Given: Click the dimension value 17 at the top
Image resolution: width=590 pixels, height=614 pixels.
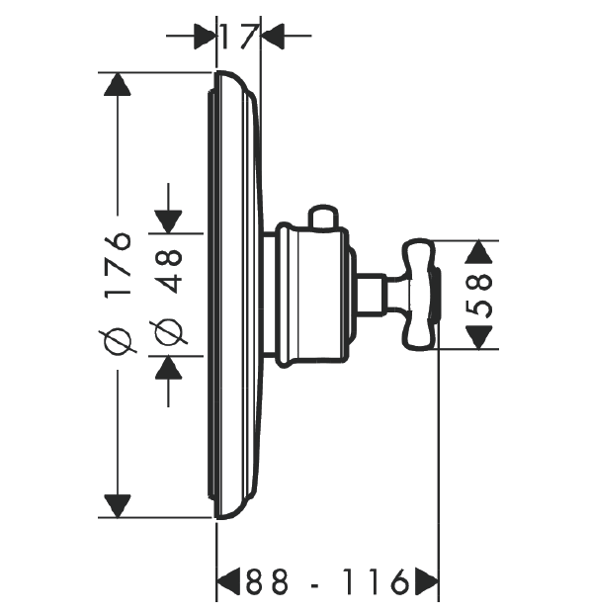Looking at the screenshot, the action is pyautogui.click(x=239, y=37).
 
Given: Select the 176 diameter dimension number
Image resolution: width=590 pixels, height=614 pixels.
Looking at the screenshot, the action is pyautogui.click(x=117, y=265).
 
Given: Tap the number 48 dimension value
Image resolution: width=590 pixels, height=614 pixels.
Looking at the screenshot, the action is pyautogui.click(x=168, y=271).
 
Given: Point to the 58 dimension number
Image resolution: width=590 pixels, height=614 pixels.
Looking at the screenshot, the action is pyautogui.click(x=478, y=296).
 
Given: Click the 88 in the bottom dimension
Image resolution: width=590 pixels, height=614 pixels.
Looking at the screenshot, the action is pyautogui.click(x=267, y=581).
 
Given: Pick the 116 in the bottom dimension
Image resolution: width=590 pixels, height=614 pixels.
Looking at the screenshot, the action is pyautogui.click(x=376, y=581).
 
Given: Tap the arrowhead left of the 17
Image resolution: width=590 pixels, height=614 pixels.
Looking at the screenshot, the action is pyautogui.click(x=206, y=37).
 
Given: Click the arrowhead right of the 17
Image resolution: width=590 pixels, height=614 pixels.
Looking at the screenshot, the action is pyautogui.click(x=272, y=37).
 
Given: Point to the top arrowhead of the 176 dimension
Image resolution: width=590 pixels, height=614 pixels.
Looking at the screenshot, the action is pyautogui.click(x=118, y=84).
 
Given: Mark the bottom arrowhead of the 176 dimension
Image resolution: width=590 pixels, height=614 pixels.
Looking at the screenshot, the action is pyautogui.click(x=118, y=506).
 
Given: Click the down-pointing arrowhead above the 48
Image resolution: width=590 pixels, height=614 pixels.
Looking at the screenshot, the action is pyautogui.click(x=168, y=221).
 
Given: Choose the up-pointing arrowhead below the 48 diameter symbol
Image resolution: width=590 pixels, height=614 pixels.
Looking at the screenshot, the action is pyautogui.click(x=168, y=367).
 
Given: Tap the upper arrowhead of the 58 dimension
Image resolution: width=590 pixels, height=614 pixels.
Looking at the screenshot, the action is pyautogui.click(x=478, y=252).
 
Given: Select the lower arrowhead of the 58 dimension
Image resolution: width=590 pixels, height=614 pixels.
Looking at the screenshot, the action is pyautogui.click(x=478, y=337).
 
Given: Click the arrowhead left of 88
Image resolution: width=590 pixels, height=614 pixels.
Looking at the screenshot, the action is pyautogui.click(x=228, y=581).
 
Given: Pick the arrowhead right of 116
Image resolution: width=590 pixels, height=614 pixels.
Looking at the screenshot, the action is pyautogui.click(x=427, y=581).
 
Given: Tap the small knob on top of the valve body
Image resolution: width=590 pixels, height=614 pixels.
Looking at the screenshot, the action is pyautogui.click(x=323, y=217).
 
